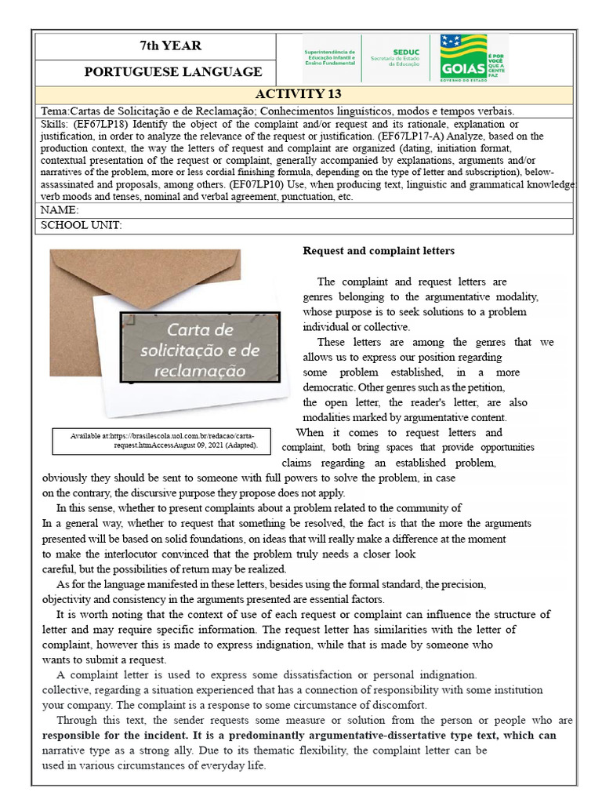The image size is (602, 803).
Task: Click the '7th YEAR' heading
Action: (x=170, y=45)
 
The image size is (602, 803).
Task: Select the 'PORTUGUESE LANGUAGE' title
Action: (x=173, y=72)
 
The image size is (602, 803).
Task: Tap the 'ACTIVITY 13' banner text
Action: (x=304, y=94)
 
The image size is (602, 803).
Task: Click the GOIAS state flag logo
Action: (x=463, y=55)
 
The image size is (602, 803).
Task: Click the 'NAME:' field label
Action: (x=59, y=210)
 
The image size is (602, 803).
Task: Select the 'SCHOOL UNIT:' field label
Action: (x=81, y=226)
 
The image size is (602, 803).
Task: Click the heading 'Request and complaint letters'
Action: (x=379, y=251)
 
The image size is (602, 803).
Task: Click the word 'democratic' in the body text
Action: (x=329, y=387)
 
